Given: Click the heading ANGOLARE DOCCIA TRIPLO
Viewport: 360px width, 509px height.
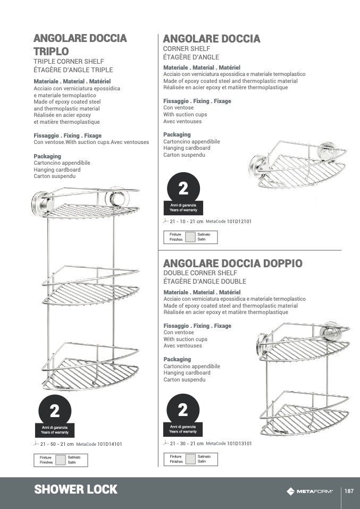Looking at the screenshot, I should pos(80,45).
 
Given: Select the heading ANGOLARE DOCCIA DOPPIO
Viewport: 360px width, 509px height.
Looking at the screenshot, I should pos(233,264).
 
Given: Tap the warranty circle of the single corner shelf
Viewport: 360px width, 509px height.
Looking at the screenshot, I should pos(183,189).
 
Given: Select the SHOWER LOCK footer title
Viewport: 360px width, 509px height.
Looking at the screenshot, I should pos(76,490).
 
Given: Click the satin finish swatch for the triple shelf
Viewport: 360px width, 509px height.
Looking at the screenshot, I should pos(60,460).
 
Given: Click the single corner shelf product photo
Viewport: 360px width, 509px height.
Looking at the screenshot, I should pos(298,166).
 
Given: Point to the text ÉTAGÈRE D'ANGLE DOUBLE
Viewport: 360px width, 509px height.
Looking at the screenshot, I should pos(205,282).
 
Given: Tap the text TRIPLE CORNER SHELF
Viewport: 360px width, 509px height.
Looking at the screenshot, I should pos(69,62).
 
